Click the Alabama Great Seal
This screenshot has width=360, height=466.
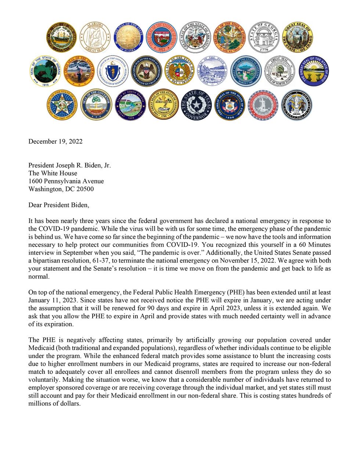coord(95,36)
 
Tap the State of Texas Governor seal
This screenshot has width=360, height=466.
coord(197,105)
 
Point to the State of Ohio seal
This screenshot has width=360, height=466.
coord(313,71)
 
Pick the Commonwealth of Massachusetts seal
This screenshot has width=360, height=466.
coord(112,71)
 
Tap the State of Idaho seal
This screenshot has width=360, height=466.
coord(298,36)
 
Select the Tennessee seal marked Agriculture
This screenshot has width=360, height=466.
coord(163,105)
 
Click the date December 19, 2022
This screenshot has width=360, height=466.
coord(55,141)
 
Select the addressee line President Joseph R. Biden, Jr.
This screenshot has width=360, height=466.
coord(70,165)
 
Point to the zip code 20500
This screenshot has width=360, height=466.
coord(84,189)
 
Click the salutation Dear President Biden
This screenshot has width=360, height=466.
coord(59,205)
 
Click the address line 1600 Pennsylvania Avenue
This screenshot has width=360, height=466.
coord(66,181)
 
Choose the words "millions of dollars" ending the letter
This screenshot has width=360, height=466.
coord(54,403)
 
